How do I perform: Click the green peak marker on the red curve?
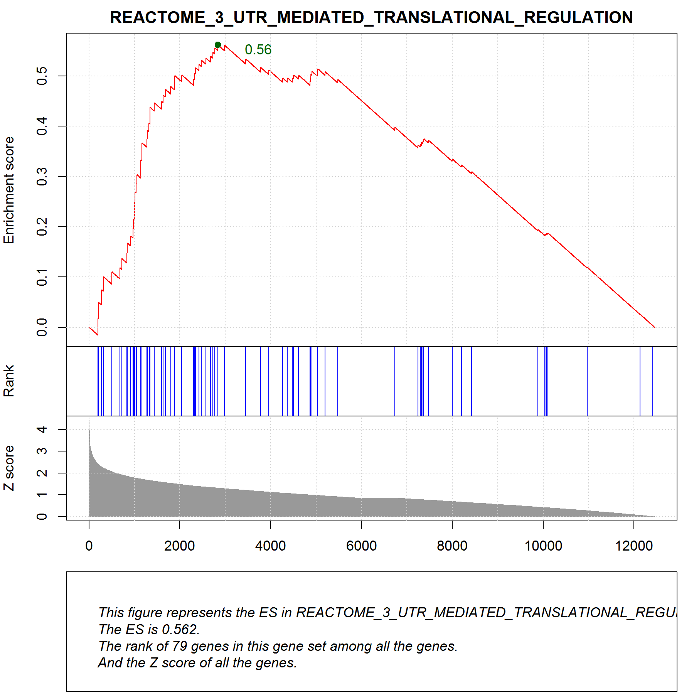coord(218,45)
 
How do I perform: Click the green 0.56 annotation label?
coord(258,50)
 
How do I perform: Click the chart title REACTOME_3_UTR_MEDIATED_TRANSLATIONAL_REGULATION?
coord(371,17)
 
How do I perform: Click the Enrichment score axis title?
coord(8,190)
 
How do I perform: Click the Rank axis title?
coord(8,381)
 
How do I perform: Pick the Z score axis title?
coord(8,468)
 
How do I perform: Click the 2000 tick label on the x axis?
coord(180,546)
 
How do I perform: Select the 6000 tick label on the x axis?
coord(361,546)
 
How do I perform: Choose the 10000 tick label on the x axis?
coord(543,546)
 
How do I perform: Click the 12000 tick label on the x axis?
coord(634,546)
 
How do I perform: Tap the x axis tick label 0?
coord(89,546)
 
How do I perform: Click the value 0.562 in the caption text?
coord(180,630)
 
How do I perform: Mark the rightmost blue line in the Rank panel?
coord(653,381)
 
